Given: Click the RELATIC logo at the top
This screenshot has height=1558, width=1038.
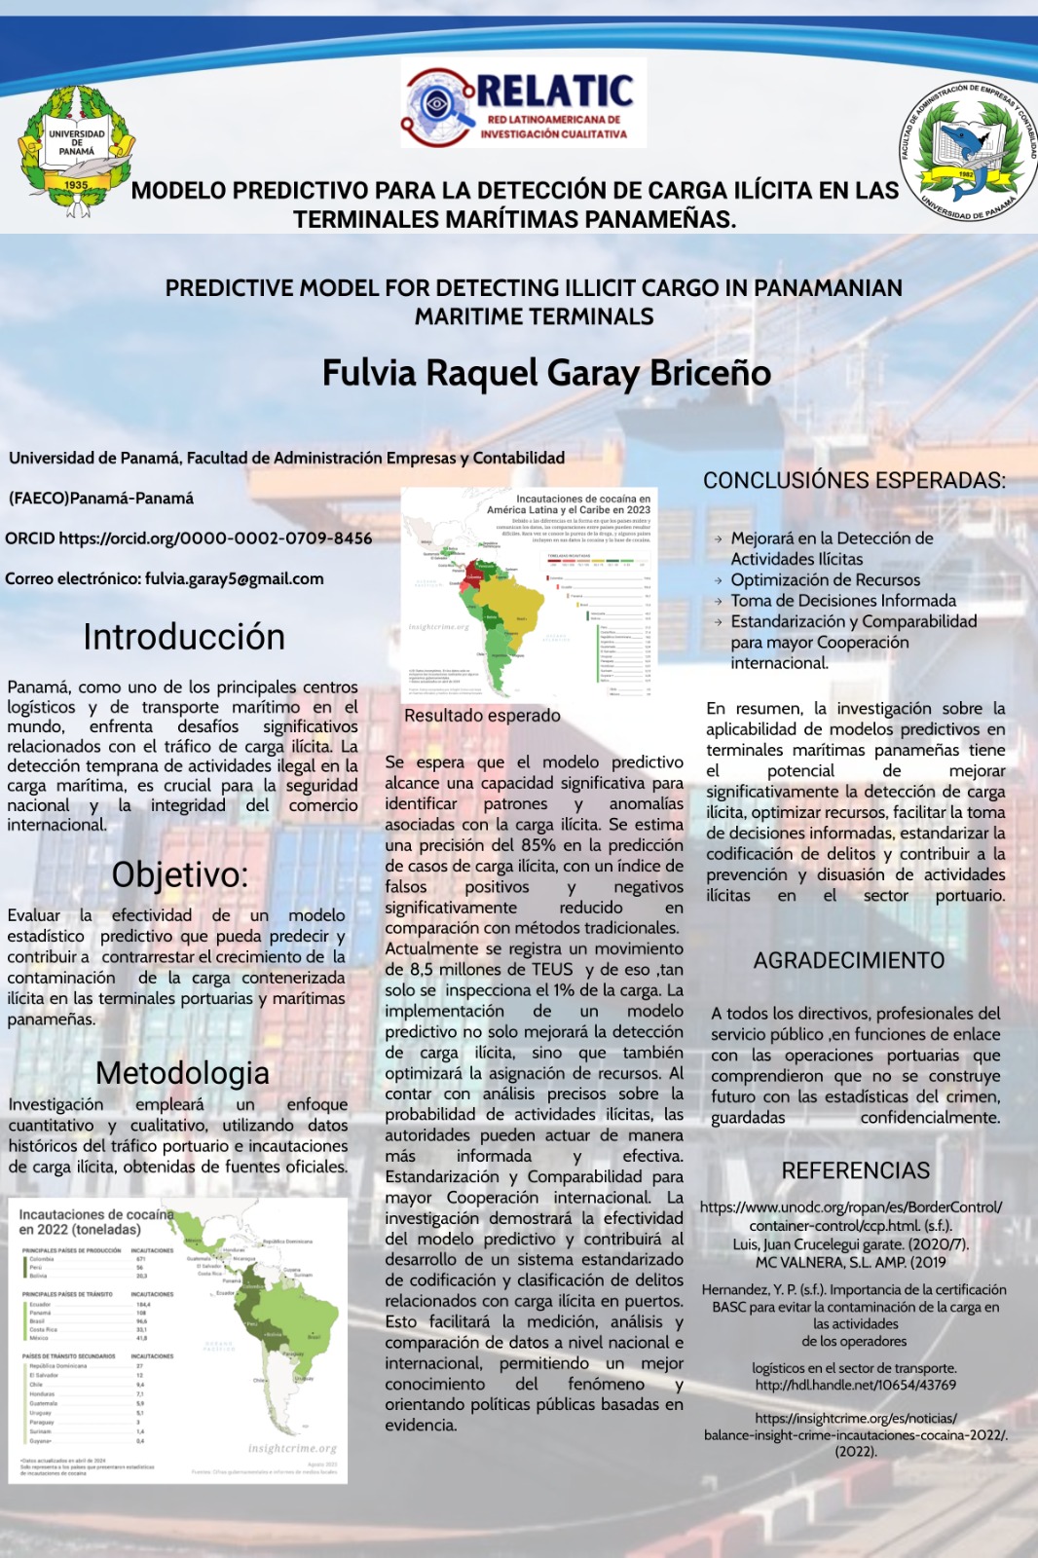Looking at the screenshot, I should pos(523,102).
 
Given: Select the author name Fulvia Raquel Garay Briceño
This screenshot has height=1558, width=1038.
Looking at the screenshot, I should pos(546,373).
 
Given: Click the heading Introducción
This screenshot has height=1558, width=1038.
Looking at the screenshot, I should pos(184,637).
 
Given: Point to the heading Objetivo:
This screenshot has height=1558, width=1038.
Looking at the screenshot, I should pos(180,873).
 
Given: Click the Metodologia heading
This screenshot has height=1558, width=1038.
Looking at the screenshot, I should pos(182,1072).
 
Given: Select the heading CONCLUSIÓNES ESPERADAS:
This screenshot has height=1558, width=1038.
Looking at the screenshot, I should pos(854,480).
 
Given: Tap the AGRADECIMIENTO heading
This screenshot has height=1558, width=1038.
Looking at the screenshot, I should pos(848,960).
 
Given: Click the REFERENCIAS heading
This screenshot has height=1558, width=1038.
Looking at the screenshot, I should pos(855,1170).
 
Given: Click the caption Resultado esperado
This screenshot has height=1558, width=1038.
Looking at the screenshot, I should pos(482,715).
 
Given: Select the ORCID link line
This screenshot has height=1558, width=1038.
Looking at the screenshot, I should pos(189,538).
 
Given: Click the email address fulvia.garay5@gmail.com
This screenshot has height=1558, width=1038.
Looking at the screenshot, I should pos(235,578).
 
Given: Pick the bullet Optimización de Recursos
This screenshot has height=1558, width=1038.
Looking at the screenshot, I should pos(825,579).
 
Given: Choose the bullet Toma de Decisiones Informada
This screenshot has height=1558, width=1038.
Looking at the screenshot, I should pos(843,601).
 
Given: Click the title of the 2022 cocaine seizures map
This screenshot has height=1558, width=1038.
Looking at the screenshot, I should pos(95,1221).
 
